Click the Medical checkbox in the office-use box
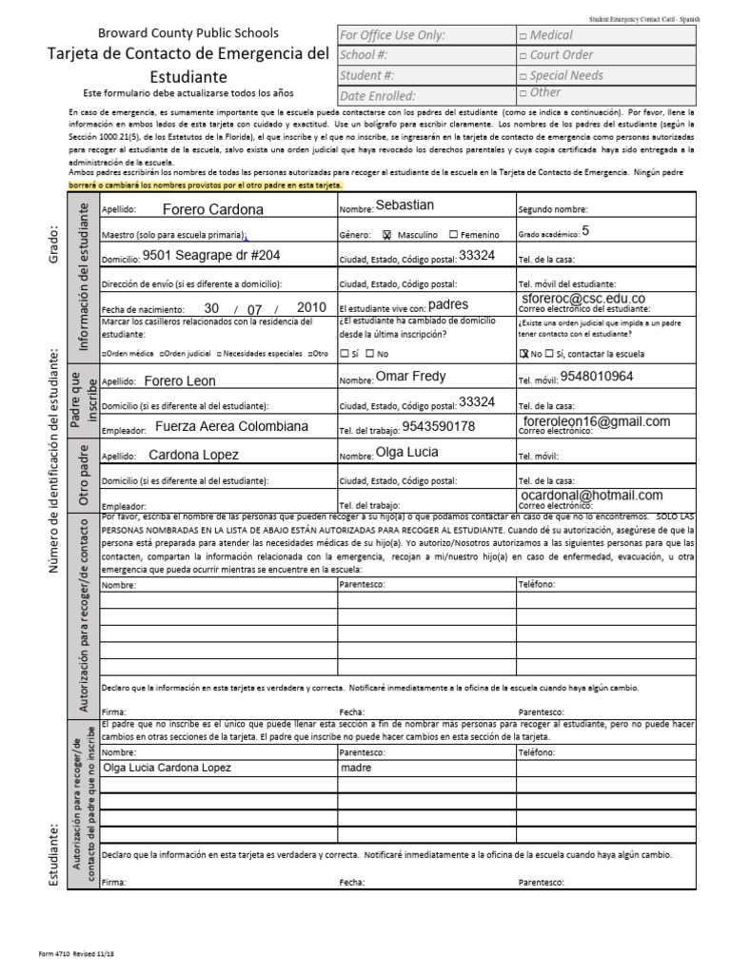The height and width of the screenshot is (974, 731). (523, 35)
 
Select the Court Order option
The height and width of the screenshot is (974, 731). (523, 55)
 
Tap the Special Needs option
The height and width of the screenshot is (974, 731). (523, 75)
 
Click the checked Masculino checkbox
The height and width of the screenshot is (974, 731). (387, 234)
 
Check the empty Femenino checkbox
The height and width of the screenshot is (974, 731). (453, 234)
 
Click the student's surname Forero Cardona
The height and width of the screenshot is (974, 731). (213, 209)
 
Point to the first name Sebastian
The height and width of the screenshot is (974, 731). (405, 205)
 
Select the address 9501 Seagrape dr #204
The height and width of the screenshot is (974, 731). (211, 255)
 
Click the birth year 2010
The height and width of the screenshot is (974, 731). (311, 308)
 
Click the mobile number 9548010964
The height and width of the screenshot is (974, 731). (597, 376)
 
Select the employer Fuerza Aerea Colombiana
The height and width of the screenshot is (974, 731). (231, 426)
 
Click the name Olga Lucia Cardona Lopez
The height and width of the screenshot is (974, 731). (167, 768)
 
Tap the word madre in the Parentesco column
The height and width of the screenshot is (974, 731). (356, 768)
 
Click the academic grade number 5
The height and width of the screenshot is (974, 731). (585, 229)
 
